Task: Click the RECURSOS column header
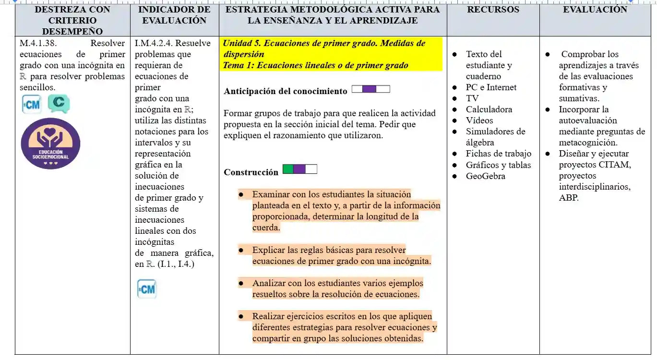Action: [493, 10]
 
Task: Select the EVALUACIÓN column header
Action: [595, 10]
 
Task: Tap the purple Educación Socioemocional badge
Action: [50, 144]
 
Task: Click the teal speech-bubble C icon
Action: [59, 103]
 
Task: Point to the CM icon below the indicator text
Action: [146, 289]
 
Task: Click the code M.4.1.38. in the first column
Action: [38, 43]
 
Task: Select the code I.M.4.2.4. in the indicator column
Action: [154, 43]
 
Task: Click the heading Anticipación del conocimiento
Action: [285, 91]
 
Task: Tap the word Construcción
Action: [251, 172]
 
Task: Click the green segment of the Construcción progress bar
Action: [288, 169]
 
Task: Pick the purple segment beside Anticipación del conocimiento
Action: [369, 89]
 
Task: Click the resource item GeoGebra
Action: [485, 176]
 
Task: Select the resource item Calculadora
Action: [489, 109]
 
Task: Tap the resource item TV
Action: [472, 98]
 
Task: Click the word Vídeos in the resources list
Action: [479, 120]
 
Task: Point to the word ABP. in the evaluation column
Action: [569, 198]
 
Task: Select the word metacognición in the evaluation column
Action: [587, 143]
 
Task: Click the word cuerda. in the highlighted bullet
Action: [266, 228]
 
